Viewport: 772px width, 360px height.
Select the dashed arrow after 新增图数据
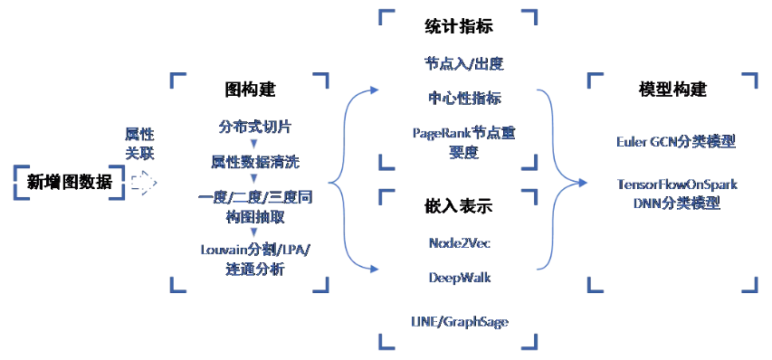tap(142, 182)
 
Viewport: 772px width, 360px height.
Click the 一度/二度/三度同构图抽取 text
tap(255, 205)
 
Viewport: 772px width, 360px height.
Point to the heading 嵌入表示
tap(459, 206)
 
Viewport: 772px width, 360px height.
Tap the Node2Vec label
tap(459, 242)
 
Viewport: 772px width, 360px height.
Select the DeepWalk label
tap(459, 277)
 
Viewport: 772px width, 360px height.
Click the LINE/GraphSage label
tap(459, 321)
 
